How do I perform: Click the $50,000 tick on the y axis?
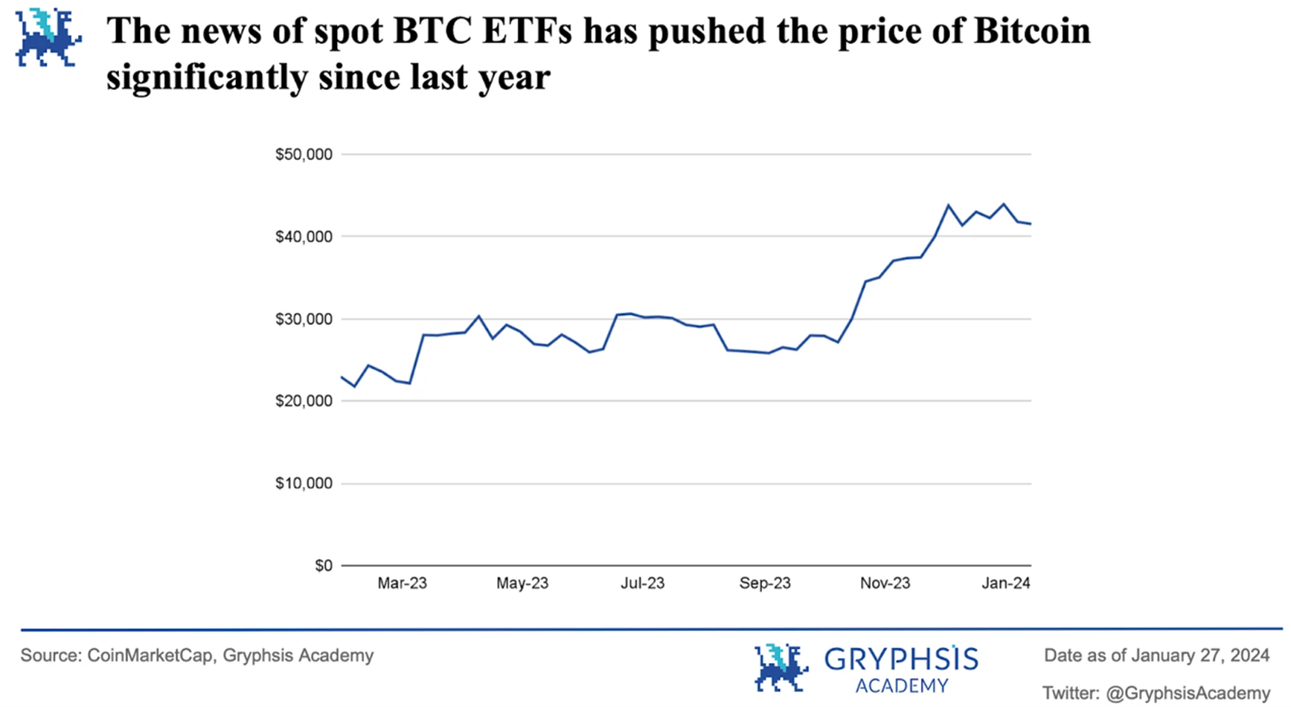pos(304,155)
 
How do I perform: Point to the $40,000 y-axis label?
pos(304,237)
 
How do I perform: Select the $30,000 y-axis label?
pos(304,319)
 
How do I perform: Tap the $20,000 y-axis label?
pos(304,401)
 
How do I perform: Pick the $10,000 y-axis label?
pos(304,484)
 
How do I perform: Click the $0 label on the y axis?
pos(324,566)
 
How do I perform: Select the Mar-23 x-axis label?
pos(402,583)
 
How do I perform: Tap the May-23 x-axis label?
pos(522,583)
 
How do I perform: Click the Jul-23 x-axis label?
pos(643,583)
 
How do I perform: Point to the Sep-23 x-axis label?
pos(765,583)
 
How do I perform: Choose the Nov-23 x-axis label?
pos(885,583)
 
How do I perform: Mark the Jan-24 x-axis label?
pos(1006,583)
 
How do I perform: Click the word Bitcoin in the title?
pos(1031,31)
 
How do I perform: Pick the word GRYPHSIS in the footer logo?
pos(901,659)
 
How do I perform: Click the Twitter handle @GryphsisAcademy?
pos(1188,694)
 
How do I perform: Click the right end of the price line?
pos(1031,224)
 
